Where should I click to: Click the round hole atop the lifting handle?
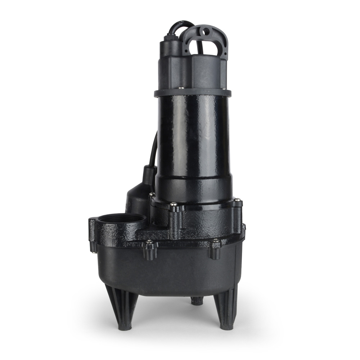206,32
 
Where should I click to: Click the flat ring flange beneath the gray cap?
193,93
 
